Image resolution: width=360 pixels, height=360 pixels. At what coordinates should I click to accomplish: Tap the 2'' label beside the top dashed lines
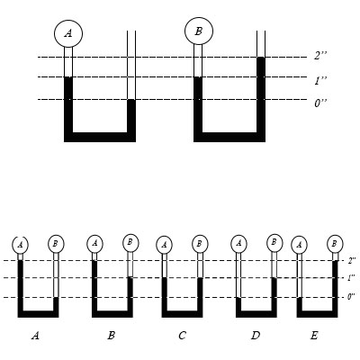click(320, 56)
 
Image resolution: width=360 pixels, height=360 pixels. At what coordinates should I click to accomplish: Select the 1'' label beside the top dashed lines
click(320, 81)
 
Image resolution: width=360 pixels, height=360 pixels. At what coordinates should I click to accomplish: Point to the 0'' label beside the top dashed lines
click(320, 103)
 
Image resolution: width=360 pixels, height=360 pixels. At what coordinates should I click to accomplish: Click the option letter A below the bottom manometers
click(35, 336)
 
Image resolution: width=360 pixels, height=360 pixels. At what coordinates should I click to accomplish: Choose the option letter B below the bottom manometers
click(111, 336)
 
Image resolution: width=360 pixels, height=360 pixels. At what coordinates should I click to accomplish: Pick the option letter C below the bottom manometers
click(182, 336)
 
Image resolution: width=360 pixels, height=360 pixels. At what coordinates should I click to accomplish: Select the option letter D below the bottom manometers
click(256, 336)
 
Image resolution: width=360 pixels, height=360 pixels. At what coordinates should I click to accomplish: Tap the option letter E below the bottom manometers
click(314, 336)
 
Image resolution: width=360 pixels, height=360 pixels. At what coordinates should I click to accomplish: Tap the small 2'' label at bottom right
click(352, 260)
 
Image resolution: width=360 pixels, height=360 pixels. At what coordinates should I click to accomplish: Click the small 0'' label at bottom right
click(351, 297)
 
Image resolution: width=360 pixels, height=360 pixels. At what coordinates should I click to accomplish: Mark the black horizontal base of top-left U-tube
click(100, 137)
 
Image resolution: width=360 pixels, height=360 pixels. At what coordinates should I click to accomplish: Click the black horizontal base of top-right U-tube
click(229, 137)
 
